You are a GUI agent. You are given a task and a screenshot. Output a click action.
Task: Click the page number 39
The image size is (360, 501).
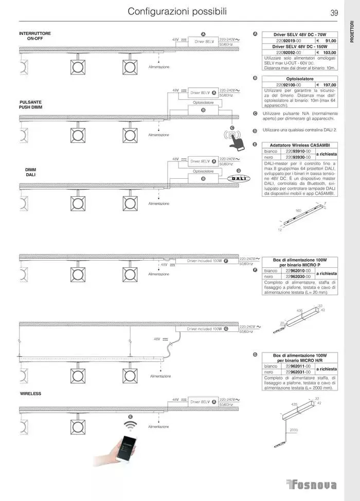[x=334, y=13]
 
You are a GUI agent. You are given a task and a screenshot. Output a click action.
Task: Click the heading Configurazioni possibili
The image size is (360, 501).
[x=177, y=11]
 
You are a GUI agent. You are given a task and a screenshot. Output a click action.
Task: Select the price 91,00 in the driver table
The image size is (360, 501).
[x=330, y=41]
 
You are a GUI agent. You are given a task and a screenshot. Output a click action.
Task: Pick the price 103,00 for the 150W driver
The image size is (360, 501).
[x=329, y=52]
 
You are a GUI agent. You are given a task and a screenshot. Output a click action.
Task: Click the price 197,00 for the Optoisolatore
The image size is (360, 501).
[x=329, y=85]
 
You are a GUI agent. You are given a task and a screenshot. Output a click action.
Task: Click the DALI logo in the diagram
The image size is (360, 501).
[x=238, y=178]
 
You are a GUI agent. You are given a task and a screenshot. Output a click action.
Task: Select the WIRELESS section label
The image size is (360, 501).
[x=30, y=393]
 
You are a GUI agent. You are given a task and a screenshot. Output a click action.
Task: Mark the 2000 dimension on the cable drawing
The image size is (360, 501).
[x=294, y=430]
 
